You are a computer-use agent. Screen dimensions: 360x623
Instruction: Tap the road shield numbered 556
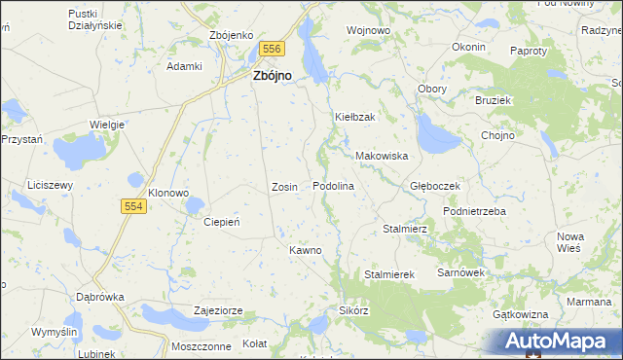pos(272,48)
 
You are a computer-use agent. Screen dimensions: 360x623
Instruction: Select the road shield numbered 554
pos(135,206)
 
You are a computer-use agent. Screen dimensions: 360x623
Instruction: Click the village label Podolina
pos(332,186)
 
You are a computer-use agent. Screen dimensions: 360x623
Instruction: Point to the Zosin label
pos(284,186)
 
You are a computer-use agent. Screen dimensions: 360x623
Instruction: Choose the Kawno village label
pos(305,250)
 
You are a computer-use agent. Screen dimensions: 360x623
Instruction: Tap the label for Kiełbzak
pos(355,118)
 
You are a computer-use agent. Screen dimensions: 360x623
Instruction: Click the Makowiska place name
pos(381,156)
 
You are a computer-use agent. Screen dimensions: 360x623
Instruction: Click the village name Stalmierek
pos(389,275)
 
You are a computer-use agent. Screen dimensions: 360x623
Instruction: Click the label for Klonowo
pos(167,193)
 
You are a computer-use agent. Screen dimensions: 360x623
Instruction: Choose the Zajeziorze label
pos(218,311)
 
